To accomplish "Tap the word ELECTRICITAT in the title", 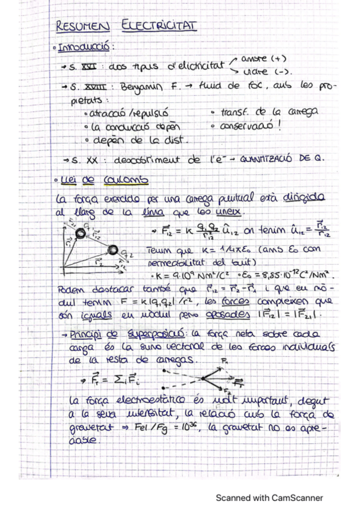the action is (159, 25).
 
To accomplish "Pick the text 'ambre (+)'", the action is (263, 58).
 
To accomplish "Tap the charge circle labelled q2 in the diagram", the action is (112, 249).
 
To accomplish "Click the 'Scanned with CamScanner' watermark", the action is (269, 497).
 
